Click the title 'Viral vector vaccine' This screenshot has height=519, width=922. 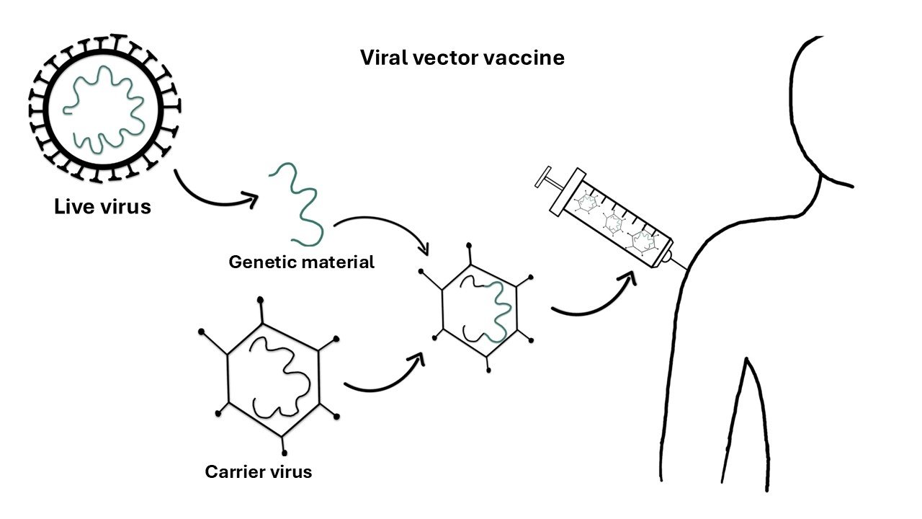(462, 58)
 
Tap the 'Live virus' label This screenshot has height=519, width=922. (103, 207)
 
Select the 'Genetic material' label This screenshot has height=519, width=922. (301, 262)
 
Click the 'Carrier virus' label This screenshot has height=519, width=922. (259, 472)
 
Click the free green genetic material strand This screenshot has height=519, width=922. (297, 204)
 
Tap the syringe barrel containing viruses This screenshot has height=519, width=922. (617, 220)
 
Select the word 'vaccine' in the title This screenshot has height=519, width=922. (529, 58)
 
